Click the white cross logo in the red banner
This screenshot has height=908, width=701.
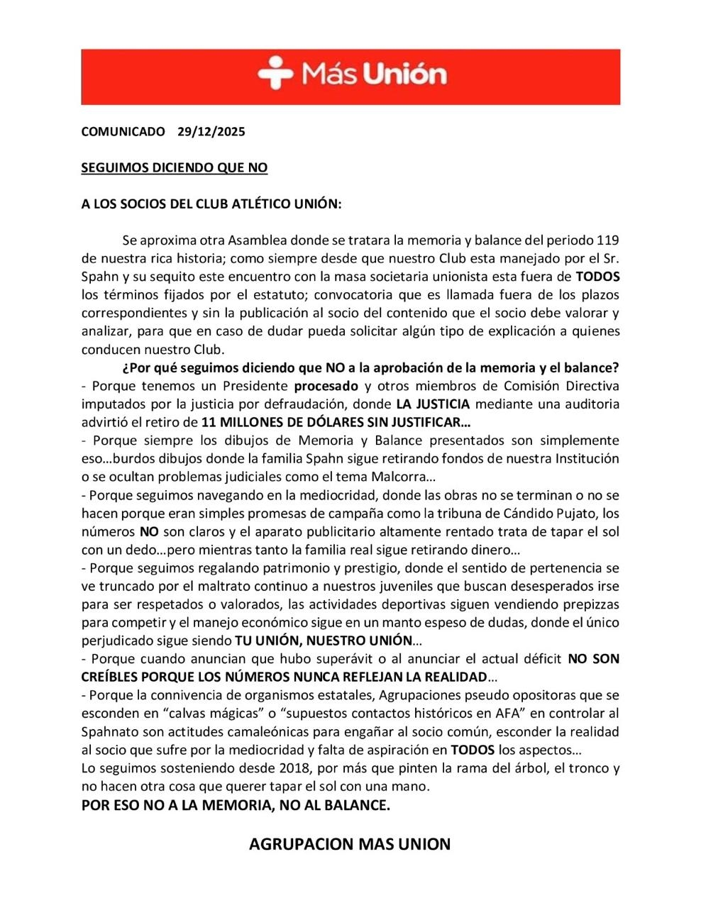point(275,74)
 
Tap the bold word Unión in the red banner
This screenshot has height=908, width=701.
point(406,74)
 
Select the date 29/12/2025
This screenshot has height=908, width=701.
point(211,132)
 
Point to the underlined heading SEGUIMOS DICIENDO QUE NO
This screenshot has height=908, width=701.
point(174,168)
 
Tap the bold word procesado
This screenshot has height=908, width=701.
point(326,386)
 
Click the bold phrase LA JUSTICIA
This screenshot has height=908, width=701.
point(433,404)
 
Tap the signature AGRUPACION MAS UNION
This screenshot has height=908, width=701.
point(350,844)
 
